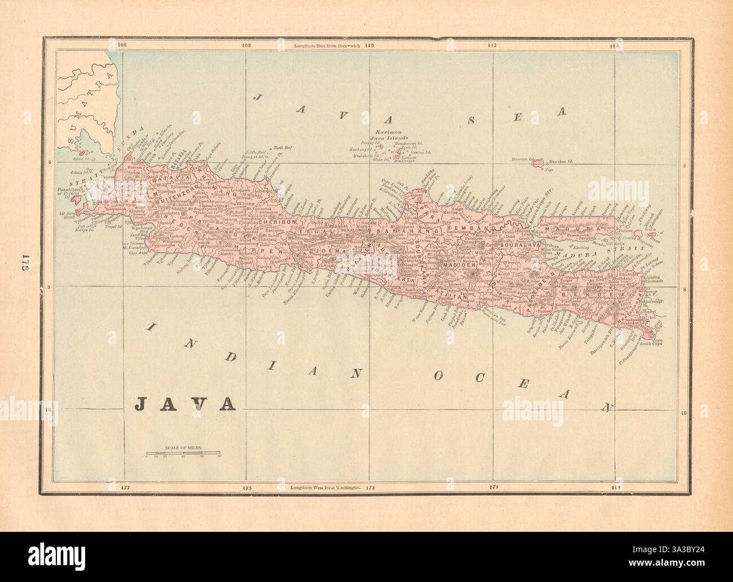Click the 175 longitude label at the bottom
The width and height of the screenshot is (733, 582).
tap(246, 486)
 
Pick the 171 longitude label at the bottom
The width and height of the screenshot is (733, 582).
tap(492, 486)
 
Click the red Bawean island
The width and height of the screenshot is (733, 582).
tap(537, 162)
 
